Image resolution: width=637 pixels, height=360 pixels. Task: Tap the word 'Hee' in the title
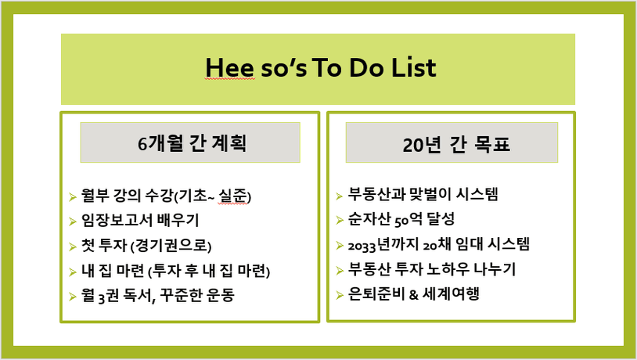[230, 67]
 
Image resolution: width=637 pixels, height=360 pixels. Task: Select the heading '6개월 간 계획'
[192, 143]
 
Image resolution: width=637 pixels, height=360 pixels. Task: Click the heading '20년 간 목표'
[455, 145]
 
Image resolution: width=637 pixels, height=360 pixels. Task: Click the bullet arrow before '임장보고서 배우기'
[73, 221]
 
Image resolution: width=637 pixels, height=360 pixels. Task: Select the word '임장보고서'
[117, 220]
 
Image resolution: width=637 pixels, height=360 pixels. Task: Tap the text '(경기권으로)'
[171, 246]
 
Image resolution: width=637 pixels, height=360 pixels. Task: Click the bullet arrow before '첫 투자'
[73, 247]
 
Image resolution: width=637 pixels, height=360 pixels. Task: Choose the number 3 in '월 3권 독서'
[102, 297]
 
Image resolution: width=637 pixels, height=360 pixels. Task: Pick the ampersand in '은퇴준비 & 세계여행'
[413, 294]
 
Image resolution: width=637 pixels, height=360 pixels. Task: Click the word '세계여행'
[451, 293]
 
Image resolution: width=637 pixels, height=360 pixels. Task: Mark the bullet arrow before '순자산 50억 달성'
[340, 221]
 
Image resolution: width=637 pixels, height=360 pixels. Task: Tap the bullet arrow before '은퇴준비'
[340, 295]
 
